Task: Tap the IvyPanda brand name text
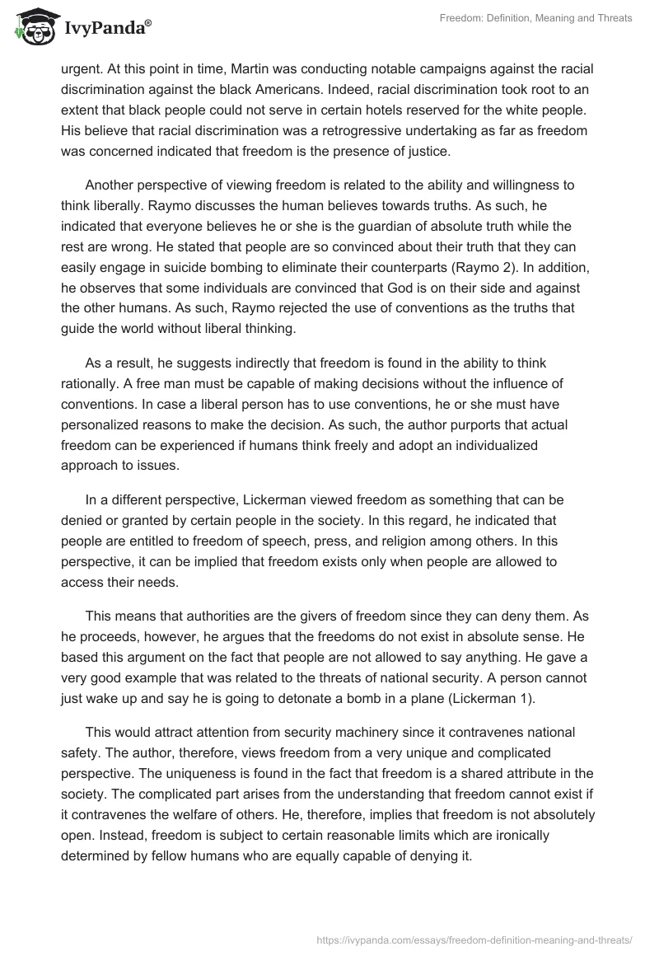click(105, 28)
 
